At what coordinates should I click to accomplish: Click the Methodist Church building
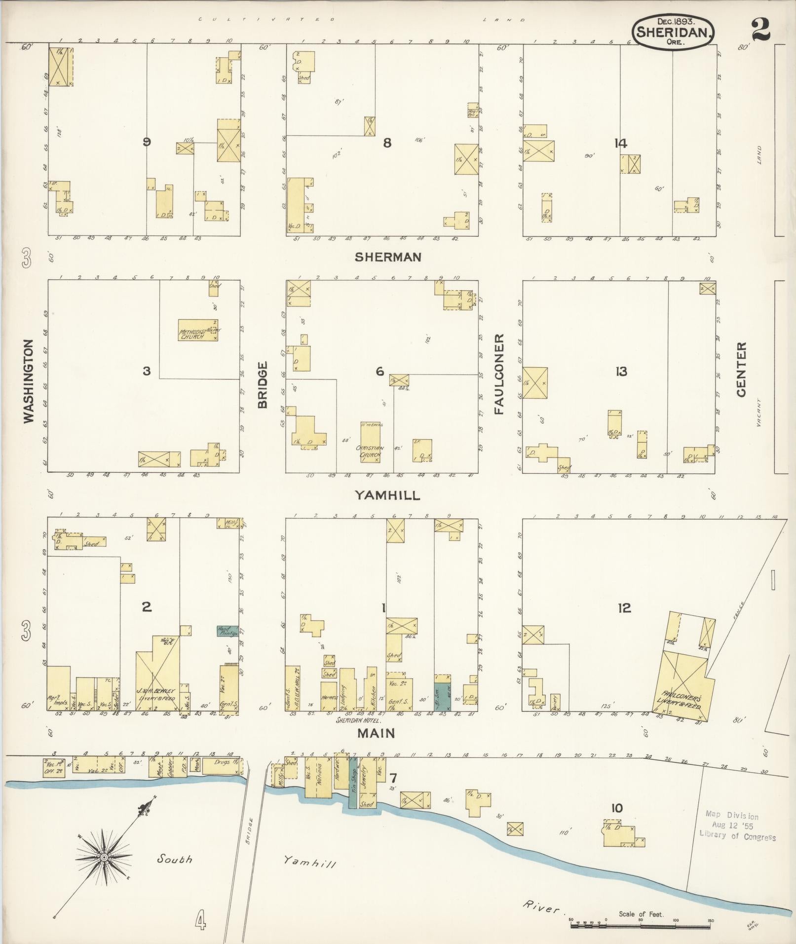click(x=198, y=331)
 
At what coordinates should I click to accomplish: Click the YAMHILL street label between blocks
click(x=387, y=495)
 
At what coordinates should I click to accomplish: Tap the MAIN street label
click(x=377, y=733)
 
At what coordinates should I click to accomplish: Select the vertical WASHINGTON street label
click(x=29, y=380)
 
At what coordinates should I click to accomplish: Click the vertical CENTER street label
click(x=741, y=370)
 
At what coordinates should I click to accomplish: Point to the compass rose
click(x=105, y=858)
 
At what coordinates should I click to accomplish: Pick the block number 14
click(x=620, y=143)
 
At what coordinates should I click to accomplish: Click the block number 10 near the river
click(x=616, y=808)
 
